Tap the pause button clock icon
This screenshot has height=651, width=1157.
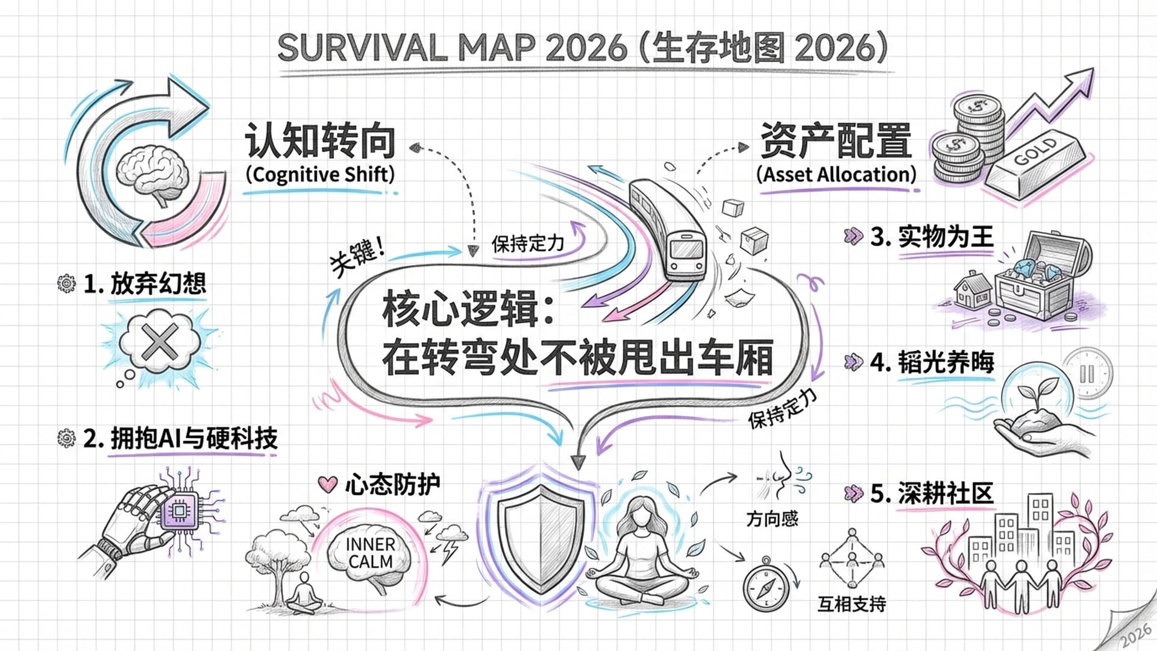point(1087,374)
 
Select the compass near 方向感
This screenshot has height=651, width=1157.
point(766,585)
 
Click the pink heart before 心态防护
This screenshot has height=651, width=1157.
point(327,484)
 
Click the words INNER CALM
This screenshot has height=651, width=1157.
point(370,553)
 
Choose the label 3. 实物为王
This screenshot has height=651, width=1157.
point(932,237)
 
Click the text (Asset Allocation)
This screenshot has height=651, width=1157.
point(836,175)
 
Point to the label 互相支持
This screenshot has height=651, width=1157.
point(851,604)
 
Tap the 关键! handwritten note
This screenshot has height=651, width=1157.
point(357,256)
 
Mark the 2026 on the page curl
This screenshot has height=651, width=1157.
point(1136,636)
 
